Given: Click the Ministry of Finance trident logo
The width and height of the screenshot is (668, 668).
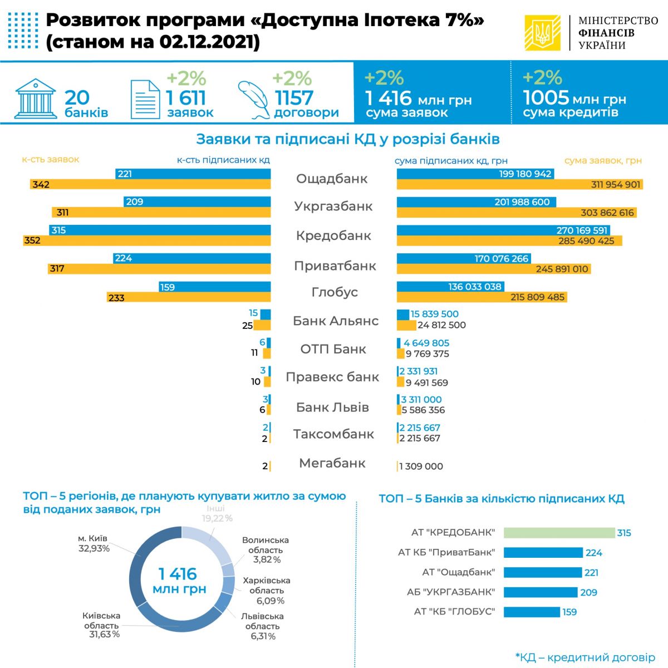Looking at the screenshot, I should [542, 33].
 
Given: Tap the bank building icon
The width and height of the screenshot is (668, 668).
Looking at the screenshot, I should [36, 99].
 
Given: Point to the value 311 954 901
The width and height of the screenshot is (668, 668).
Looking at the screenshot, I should [616, 185].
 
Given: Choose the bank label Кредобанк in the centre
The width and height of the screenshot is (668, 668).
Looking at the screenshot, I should [333, 235].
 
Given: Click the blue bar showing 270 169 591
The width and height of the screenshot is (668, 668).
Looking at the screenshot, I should [503, 230].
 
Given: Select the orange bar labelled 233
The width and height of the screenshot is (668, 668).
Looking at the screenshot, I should [189, 298].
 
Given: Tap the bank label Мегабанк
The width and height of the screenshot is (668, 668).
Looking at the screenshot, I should [332, 463].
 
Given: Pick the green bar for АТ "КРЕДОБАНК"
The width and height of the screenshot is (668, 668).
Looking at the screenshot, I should [559, 533].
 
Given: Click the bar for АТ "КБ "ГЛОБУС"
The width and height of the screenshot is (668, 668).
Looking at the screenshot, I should [532, 612].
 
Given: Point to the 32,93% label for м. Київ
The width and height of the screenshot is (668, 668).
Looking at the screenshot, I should [94, 548].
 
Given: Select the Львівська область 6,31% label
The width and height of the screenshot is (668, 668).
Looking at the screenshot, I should [262, 626].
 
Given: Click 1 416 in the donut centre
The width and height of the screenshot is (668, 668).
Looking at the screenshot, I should [178, 574].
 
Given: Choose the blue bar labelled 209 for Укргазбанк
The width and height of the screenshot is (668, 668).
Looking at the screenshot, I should [197, 202].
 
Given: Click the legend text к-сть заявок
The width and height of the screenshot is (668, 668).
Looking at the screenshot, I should [51, 160].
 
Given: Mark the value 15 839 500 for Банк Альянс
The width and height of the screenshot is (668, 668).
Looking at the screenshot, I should [434, 314].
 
